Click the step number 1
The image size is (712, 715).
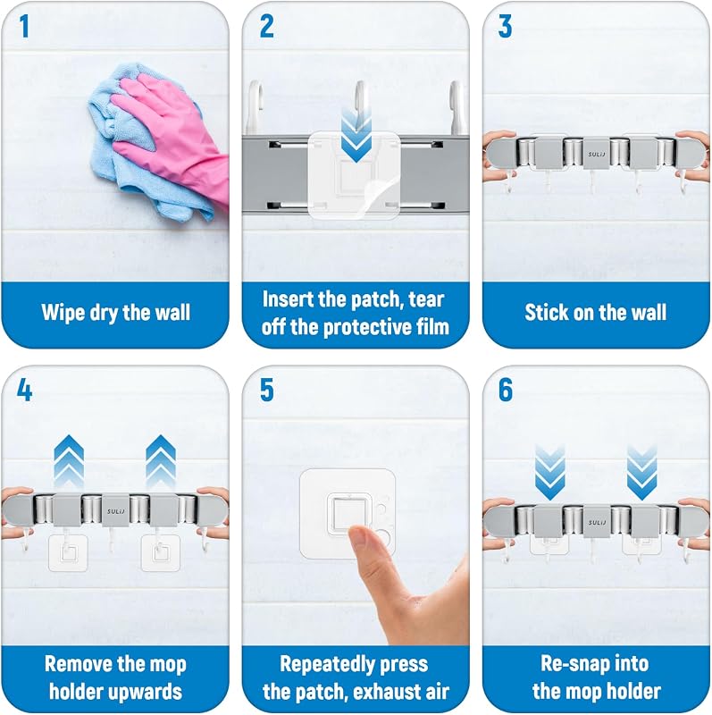25,26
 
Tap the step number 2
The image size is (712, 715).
266,26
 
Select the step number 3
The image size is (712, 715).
505,26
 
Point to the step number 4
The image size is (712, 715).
25,391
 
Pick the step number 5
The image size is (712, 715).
266,391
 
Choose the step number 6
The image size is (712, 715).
506,391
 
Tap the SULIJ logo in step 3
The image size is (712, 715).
596,154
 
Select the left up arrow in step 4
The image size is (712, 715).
69,460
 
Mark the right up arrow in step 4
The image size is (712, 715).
161,460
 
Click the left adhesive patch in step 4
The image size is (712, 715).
69,553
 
